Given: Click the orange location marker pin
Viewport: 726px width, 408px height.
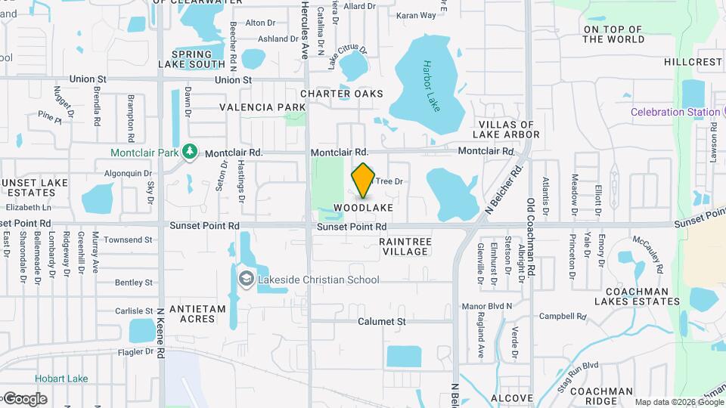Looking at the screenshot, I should [x=363, y=180].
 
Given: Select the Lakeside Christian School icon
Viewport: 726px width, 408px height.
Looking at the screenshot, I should [x=246, y=279].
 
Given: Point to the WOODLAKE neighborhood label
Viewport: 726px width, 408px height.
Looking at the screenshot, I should [x=363, y=207].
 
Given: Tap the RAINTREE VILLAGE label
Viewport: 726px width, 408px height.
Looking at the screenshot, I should [x=405, y=246].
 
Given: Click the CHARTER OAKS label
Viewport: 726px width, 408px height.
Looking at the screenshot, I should [x=341, y=94].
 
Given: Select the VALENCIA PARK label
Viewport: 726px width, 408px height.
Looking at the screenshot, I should [x=262, y=107].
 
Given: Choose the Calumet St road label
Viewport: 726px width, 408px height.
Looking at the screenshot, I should [x=382, y=321].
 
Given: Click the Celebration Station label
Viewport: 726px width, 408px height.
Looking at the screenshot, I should [x=676, y=113].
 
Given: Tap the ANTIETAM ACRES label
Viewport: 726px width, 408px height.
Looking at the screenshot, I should [x=197, y=314].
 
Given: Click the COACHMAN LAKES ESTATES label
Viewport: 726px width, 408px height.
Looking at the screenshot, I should [x=636, y=296].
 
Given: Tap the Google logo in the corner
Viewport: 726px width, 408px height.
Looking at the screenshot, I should [x=24, y=398].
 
